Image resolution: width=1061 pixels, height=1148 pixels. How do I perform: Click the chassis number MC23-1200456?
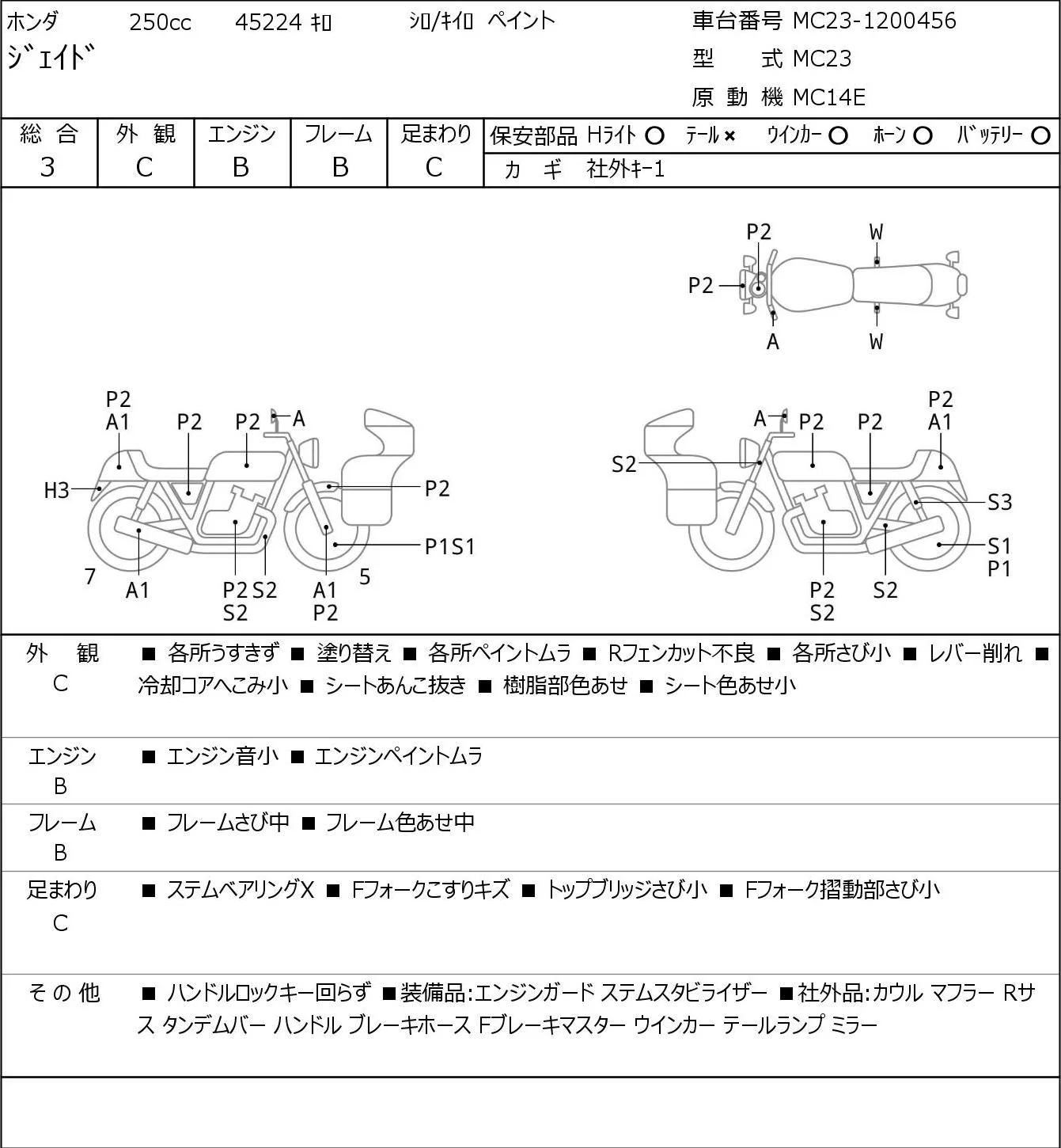(874, 21)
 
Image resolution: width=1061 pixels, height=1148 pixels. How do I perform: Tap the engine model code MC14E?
(829, 97)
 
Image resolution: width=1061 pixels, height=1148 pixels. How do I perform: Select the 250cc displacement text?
(160, 22)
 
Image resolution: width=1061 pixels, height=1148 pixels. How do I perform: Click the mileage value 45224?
(268, 22)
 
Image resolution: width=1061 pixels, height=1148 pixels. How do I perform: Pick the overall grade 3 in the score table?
(47, 167)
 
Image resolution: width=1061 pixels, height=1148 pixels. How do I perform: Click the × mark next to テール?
(729, 136)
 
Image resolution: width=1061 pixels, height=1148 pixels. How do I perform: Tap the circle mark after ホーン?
(923, 136)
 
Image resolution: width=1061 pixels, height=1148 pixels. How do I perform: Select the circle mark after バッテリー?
(1040, 136)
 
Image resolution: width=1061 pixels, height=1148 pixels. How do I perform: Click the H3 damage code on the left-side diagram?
(57, 491)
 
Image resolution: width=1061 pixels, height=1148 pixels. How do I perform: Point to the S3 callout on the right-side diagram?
(999, 502)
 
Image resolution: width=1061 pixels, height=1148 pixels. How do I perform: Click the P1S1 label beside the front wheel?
(449, 546)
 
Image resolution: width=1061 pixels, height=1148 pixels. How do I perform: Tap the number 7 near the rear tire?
(89, 576)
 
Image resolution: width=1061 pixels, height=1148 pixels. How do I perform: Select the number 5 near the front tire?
(365, 576)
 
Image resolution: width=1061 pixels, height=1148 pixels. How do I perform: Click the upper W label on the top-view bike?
(876, 233)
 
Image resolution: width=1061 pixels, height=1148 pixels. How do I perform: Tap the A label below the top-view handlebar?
(773, 342)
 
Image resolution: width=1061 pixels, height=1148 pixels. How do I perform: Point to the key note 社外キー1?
(626, 169)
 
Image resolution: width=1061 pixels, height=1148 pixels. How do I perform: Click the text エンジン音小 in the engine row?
(222, 756)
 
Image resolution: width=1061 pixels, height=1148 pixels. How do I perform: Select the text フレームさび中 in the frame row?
(228, 823)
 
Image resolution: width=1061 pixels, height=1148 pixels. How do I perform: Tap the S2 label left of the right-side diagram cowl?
(623, 464)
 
